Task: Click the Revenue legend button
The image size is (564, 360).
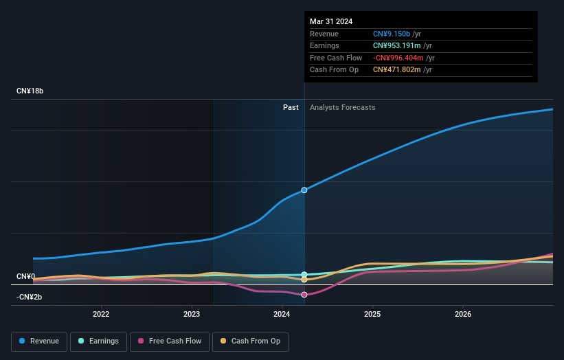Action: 39,341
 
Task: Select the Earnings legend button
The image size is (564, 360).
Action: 98,341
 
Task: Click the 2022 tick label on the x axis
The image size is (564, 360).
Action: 101,315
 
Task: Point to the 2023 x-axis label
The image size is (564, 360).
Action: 192,315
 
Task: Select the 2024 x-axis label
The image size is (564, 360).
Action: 282,315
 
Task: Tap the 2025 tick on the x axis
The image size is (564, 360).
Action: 372,315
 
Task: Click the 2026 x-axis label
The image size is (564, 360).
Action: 463,315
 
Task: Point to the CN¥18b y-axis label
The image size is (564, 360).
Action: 30,91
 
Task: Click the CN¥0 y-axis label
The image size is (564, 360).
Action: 26,276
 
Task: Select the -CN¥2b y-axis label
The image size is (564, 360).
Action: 29,297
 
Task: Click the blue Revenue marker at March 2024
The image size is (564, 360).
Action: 304,190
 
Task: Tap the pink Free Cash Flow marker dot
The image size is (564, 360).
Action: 304,295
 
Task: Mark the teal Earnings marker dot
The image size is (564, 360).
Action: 304,274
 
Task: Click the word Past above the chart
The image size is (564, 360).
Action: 291,107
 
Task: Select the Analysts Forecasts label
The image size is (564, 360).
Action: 343,107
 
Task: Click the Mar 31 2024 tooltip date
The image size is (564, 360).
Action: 331,21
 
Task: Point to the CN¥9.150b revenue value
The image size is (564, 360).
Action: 392,34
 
